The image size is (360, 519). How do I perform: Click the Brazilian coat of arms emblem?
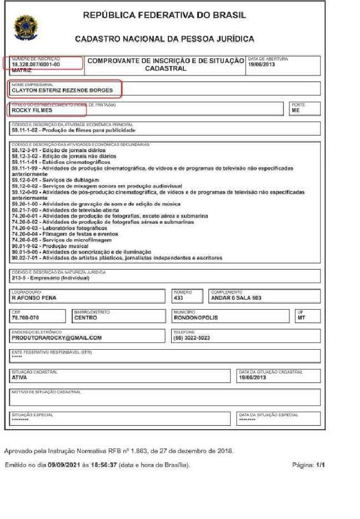26,28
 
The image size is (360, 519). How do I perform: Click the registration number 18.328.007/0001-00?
36,64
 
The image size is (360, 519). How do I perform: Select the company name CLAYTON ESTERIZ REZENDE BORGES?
62,90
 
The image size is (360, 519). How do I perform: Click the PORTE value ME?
295,110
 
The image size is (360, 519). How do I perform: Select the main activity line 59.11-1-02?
73,130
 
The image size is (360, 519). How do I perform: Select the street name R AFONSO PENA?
34,298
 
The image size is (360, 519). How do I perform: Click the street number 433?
179,298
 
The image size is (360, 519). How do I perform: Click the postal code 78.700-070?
26,318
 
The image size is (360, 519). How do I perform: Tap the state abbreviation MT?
301,318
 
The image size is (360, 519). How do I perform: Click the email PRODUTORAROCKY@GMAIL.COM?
57,337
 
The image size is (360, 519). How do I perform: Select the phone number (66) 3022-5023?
192,337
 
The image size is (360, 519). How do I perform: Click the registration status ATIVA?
19,377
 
